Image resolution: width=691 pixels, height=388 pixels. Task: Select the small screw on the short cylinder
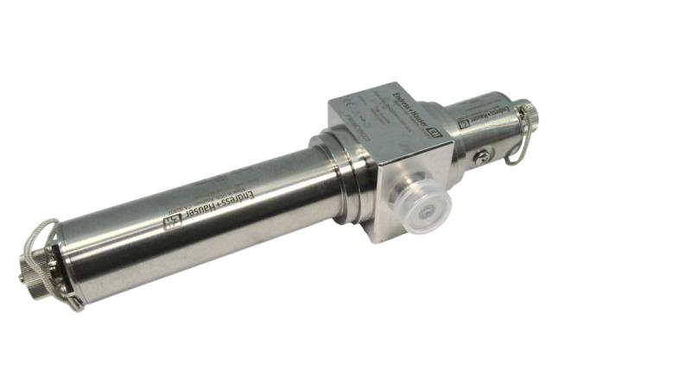click(484, 155)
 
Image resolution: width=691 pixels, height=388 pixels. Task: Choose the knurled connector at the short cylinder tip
click(528, 111)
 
